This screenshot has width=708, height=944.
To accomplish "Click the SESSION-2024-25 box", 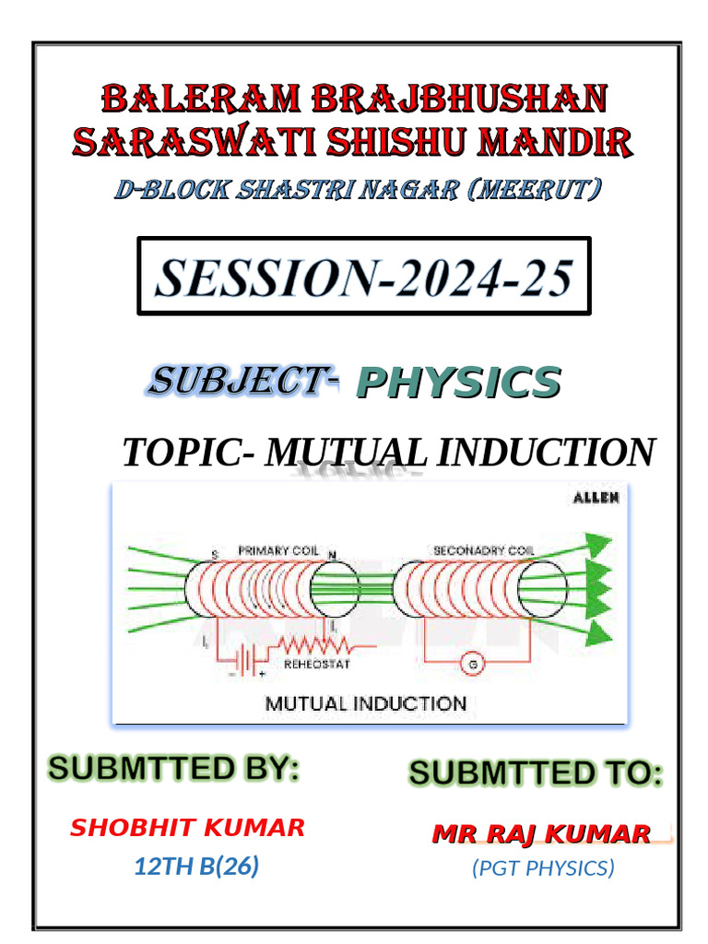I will pos(363,277).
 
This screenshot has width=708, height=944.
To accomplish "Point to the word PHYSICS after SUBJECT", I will pos(457,383).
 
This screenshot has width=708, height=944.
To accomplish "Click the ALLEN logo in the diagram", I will pos(596,498).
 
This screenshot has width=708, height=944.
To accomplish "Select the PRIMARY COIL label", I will pos(277,550).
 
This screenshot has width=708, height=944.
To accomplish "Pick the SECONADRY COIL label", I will pos(483,550).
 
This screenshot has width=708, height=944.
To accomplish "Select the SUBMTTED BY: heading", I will pos(174,768).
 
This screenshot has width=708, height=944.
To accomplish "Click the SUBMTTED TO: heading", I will pos(536,773).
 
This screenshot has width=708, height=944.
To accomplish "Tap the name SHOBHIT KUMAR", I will pos(187,827).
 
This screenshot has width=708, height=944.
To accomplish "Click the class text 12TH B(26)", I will pos(195,866).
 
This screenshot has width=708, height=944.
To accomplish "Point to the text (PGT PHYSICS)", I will pos(542,867).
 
